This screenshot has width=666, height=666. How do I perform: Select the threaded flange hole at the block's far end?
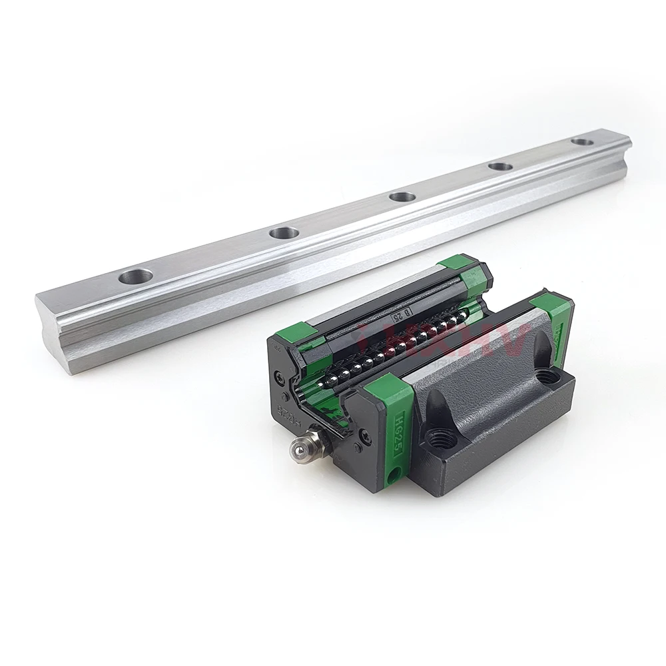pyautogui.click(x=548, y=376)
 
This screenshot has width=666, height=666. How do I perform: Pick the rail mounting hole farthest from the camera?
pyautogui.click(x=582, y=141)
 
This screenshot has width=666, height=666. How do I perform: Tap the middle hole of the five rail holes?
pyautogui.click(x=402, y=196)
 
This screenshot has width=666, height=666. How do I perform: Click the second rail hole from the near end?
pyautogui.click(x=284, y=232)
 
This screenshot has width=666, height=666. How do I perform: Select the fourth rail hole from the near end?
pyautogui.click(x=499, y=166)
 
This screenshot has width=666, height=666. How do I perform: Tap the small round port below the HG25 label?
pyautogui.click(x=395, y=474)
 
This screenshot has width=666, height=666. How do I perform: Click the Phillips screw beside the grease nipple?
pyautogui.click(x=363, y=436)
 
